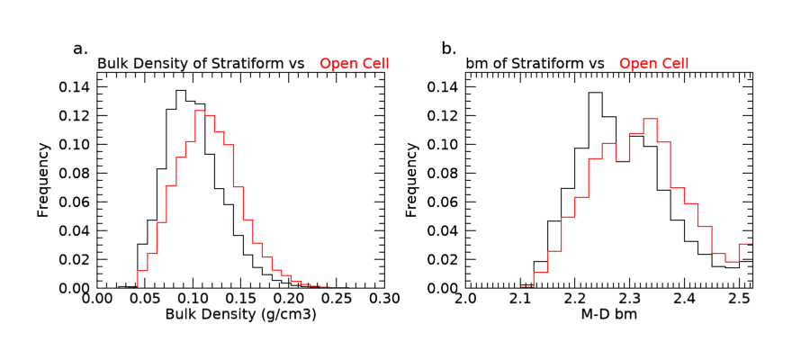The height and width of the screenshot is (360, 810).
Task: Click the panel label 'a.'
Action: [80, 48]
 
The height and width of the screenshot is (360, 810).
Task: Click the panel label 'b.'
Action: [449, 48]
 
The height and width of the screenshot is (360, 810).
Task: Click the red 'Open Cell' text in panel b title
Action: [654, 63]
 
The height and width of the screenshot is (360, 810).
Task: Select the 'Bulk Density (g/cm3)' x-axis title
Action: [240, 316]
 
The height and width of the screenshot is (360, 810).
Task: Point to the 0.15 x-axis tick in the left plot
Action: [240, 299]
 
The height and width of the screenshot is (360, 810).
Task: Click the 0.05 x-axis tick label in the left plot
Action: [144, 299]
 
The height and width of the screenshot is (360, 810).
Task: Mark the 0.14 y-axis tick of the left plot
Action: [75, 87]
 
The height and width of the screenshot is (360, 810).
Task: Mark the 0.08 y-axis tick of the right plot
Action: [444, 174]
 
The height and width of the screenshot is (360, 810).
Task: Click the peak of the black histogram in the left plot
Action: [180, 91]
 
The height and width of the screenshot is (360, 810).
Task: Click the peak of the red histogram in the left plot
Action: [200, 111]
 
